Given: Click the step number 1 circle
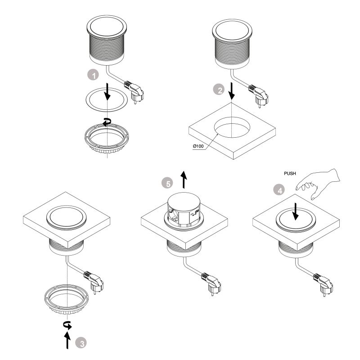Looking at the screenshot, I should [93, 76].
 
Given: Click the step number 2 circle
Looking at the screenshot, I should [219, 90].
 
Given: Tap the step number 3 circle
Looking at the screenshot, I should [81, 342].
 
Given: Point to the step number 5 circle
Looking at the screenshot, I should [167, 183].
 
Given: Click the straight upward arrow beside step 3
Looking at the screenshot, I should [68, 341].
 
